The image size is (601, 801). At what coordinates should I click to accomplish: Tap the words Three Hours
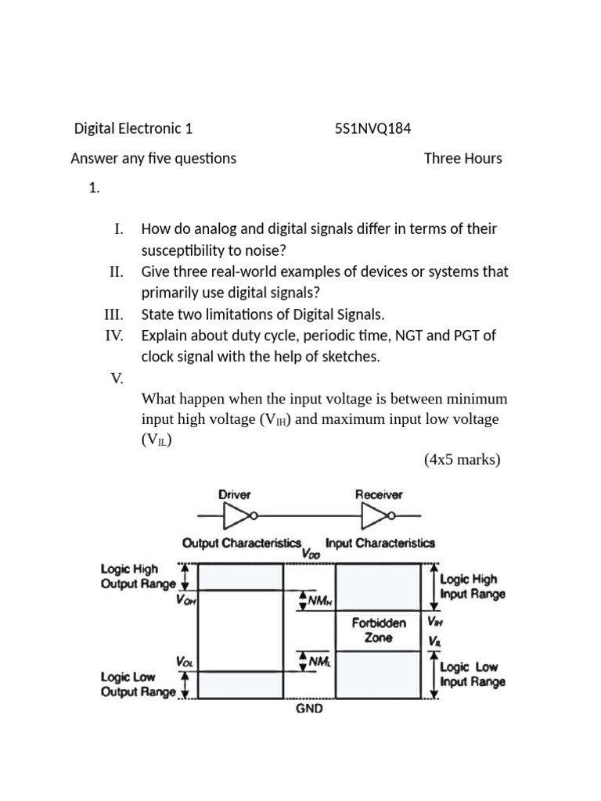click(x=462, y=158)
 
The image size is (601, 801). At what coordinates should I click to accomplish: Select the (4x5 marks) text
click(x=462, y=459)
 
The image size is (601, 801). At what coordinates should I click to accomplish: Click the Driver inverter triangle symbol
click(x=236, y=515)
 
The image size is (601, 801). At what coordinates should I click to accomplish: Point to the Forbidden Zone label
click(x=379, y=630)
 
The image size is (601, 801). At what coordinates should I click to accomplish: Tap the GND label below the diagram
click(x=308, y=709)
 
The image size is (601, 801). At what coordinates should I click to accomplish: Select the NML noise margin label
click(x=316, y=662)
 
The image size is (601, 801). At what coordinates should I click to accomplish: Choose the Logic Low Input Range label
click(x=473, y=673)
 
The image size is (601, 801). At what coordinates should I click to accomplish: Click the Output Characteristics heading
click(x=242, y=542)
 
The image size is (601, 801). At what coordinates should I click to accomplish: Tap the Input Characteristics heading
click(x=380, y=542)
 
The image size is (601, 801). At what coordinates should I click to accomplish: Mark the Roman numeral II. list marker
click(x=117, y=271)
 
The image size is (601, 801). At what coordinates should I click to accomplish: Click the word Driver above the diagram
click(x=234, y=494)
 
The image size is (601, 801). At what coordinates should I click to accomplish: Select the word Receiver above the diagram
click(x=379, y=494)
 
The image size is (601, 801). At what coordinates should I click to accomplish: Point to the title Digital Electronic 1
click(x=132, y=128)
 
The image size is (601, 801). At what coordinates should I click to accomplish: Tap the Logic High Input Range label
click(x=473, y=587)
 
